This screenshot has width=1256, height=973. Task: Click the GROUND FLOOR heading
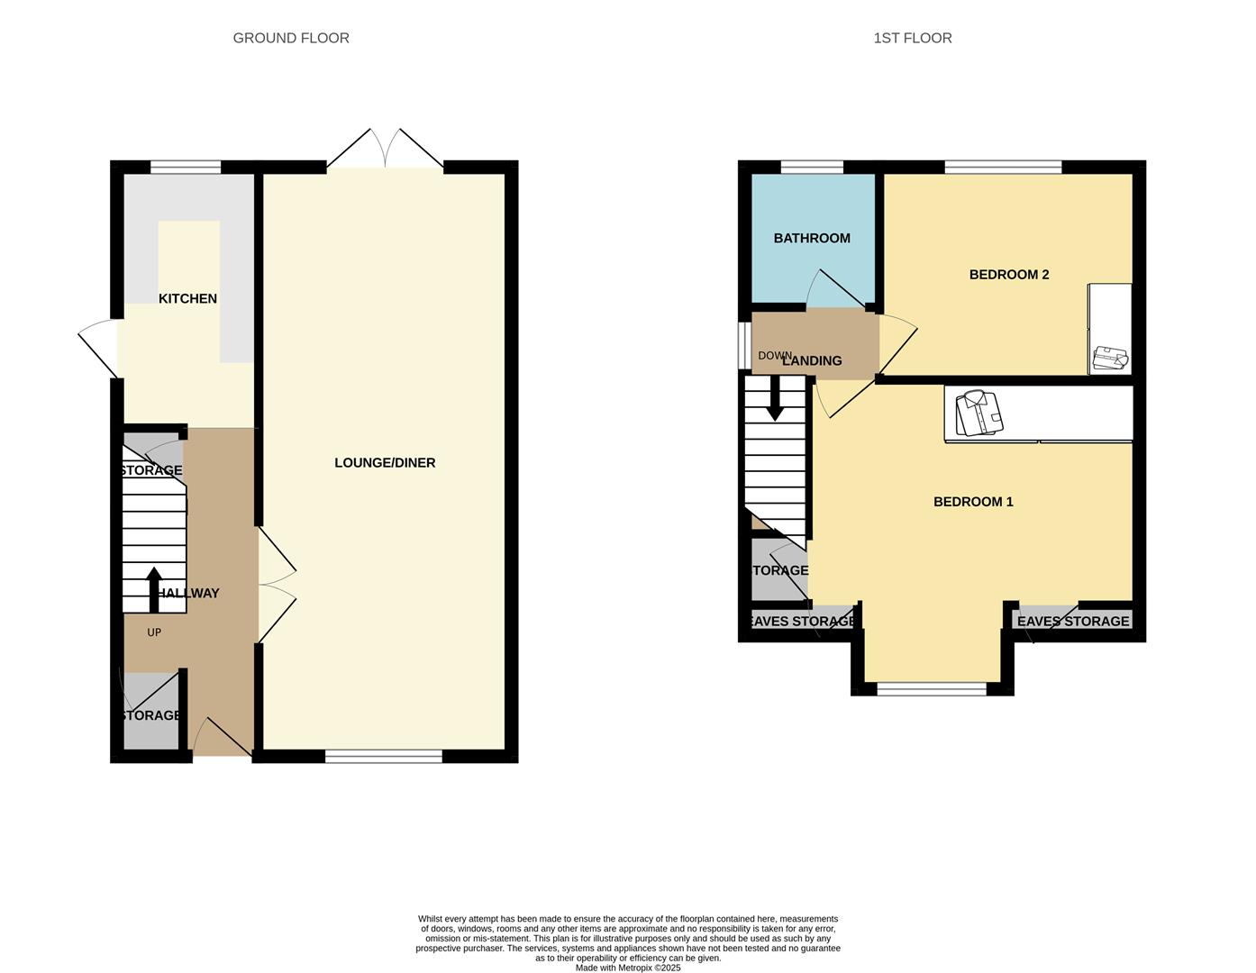point(291,38)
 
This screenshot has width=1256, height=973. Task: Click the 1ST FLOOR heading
point(912,38)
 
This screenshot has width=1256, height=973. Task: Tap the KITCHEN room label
point(187,298)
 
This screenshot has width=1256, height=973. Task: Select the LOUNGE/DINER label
point(385,462)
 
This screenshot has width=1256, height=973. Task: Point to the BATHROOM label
point(812,238)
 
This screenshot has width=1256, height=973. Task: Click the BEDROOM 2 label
point(1008,274)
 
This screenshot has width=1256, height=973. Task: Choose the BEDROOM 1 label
point(973,501)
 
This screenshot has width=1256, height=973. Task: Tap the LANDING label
point(812,360)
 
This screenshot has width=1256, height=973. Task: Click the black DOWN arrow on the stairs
point(775,399)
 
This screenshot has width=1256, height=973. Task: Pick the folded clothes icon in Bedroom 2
point(1110,359)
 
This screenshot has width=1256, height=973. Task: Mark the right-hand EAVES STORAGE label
point(1072,621)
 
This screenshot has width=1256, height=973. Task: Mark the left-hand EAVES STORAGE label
point(802,621)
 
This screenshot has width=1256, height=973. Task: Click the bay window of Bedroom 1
point(932,689)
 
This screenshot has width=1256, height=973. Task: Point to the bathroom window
point(812,167)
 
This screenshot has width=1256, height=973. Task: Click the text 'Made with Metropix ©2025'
point(628,968)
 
